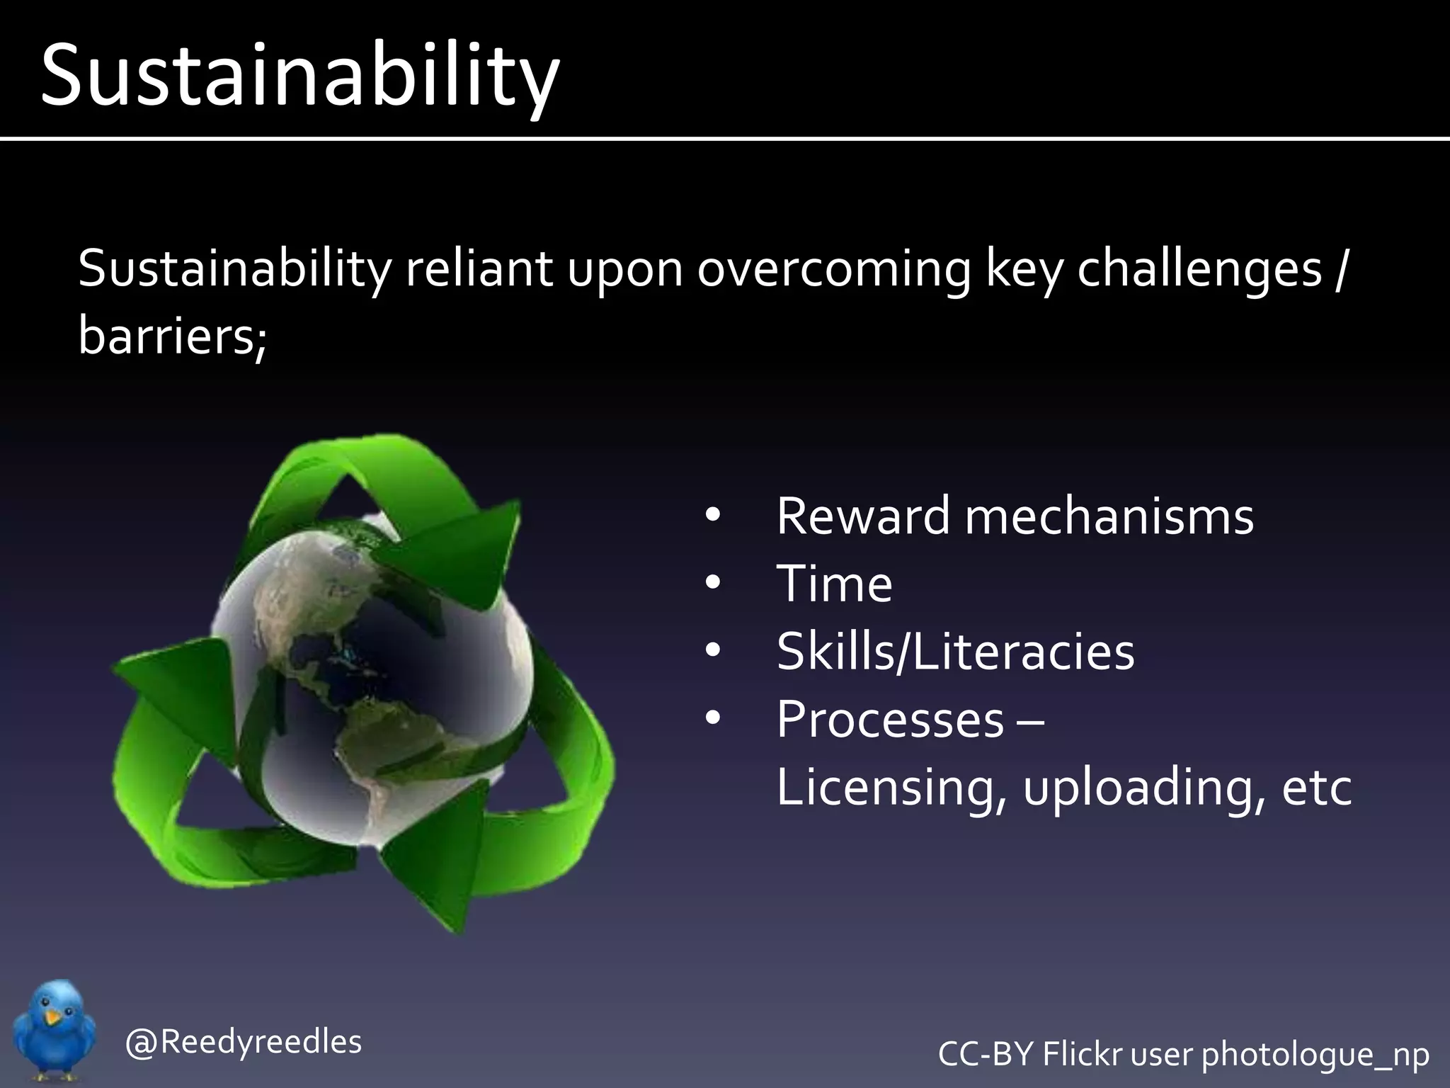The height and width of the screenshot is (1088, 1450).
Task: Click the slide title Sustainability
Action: tap(300, 76)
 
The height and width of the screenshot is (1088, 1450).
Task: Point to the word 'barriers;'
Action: tap(172, 336)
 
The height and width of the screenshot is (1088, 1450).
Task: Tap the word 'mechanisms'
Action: tap(1109, 516)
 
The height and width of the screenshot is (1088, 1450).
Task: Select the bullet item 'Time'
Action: tap(834, 584)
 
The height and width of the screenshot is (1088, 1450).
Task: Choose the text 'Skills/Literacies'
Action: tap(955, 652)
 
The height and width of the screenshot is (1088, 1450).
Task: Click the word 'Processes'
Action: tap(890, 720)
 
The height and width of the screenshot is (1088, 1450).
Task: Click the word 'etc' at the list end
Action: tap(1317, 788)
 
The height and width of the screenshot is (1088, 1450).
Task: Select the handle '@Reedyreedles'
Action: tap(243, 1042)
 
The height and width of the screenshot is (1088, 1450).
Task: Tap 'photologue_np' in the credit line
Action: tap(1315, 1055)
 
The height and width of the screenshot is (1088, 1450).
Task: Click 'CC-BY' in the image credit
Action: tap(986, 1053)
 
